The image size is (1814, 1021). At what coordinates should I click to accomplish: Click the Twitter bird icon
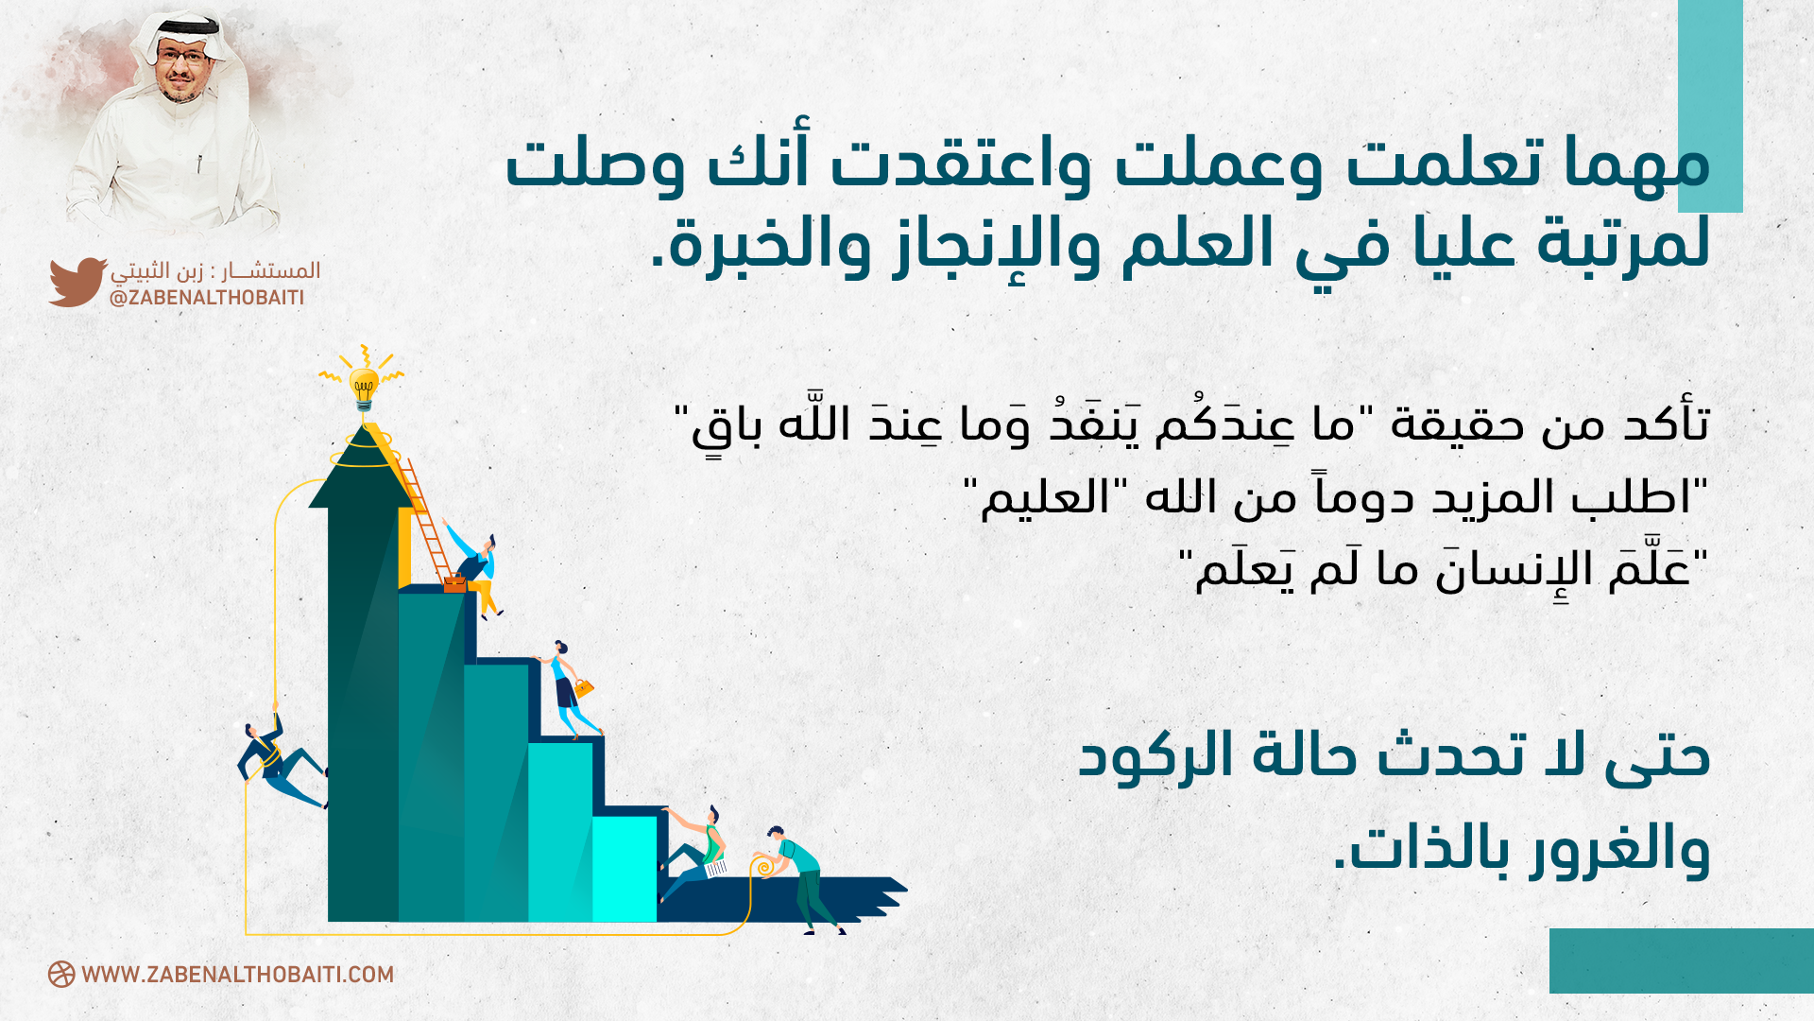pos(77,282)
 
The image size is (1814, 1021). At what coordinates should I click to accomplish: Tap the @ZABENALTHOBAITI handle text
pos(207,298)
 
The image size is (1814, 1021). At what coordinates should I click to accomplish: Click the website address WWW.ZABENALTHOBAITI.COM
pos(237,975)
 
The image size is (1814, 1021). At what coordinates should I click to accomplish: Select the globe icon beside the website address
pos(61,975)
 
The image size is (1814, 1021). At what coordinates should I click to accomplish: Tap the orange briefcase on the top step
pos(454,583)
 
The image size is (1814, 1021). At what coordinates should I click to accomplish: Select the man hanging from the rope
pos(280,762)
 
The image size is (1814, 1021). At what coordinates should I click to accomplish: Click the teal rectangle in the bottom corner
pos(1682,960)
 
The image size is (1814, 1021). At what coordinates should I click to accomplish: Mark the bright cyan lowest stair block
pos(625,869)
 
